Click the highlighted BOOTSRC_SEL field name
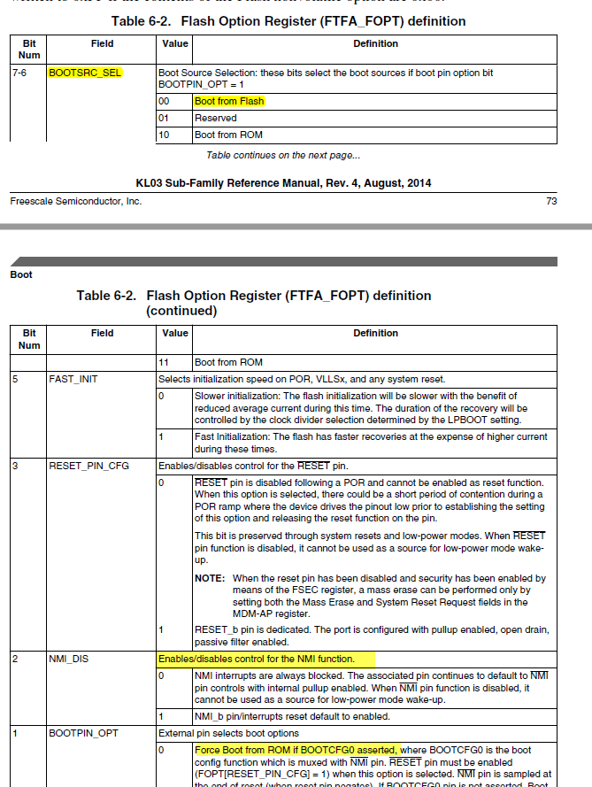(84, 73)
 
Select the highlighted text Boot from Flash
(229, 101)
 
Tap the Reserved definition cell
(216, 118)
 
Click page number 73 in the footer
(551, 201)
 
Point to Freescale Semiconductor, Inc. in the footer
(76, 201)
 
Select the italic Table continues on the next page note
(283, 156)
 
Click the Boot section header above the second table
(21, 274)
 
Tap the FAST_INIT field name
(72, 379)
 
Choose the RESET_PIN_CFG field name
(89, 465)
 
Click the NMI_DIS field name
(69, 659)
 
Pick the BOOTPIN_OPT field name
(82, 732)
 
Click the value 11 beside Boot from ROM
(163, 362)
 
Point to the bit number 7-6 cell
(19, 73)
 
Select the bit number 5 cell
(15, 379)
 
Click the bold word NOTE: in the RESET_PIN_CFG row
(210, 578)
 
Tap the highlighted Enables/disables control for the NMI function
(256, 659)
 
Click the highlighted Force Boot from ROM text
(296, 749)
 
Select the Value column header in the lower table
(175, 333)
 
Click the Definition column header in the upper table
(375, 43)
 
